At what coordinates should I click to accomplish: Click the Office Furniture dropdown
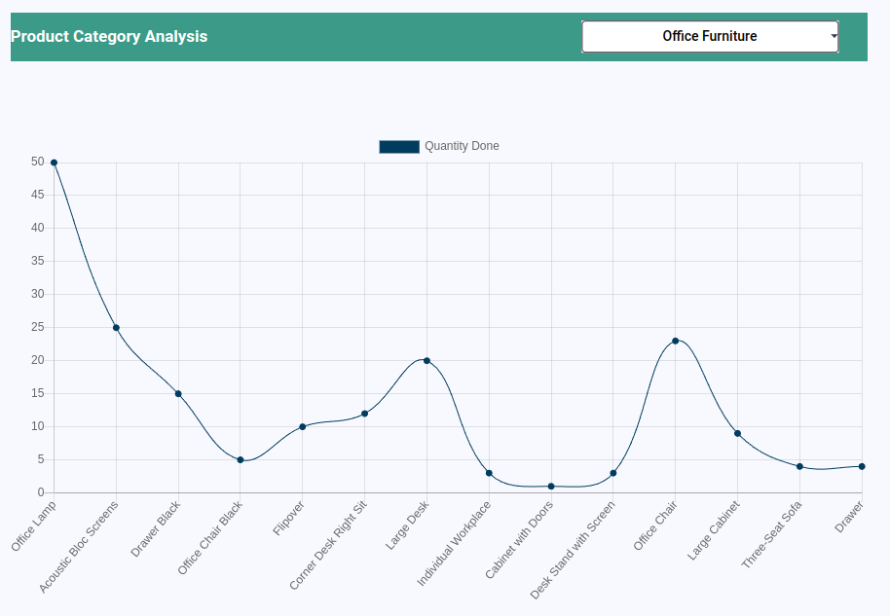pos(710,37)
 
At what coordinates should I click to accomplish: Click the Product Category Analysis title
pos(109,37)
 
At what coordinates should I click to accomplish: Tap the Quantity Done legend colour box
pos(399,146)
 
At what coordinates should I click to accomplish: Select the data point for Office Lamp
pos(54,163)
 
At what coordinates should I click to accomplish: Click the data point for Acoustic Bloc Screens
pos(116,328)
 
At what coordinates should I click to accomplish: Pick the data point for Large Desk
pos(426,361)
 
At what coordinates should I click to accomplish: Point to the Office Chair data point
pos(675,341)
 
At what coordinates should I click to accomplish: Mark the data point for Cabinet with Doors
pos(551,487)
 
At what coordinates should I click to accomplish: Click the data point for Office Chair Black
pos(241,460)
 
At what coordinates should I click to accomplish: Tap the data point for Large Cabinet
pos(737,433)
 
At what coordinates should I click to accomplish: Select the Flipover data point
pos(303,427)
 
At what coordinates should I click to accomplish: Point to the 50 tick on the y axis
pos(38,163)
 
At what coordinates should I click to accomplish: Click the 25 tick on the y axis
pos(38,328)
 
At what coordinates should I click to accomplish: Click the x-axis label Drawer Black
pos(157,528)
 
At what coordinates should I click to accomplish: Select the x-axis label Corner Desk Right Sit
pos(329,545)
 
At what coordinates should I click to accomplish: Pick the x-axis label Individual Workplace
pos(455,544)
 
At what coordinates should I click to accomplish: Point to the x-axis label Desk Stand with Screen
pos(574,550)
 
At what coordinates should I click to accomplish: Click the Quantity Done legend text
pos(462,146)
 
